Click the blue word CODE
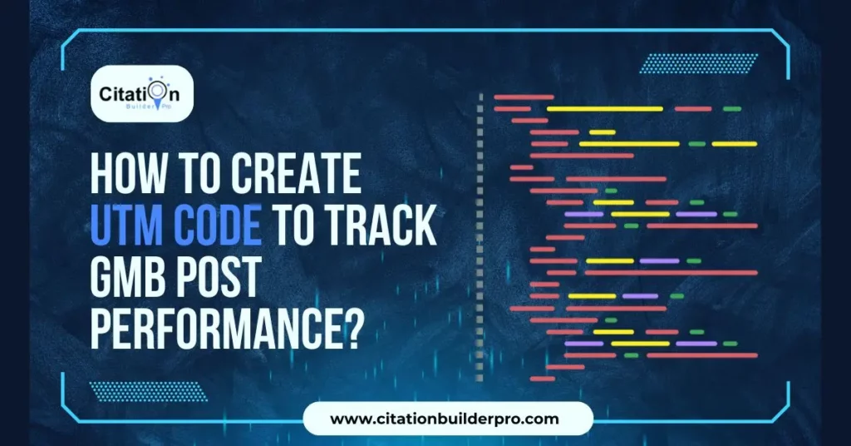215,225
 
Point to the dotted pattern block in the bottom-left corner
147,391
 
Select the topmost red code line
524,97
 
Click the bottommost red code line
542,379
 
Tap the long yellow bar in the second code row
604,109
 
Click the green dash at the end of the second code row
731,109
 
